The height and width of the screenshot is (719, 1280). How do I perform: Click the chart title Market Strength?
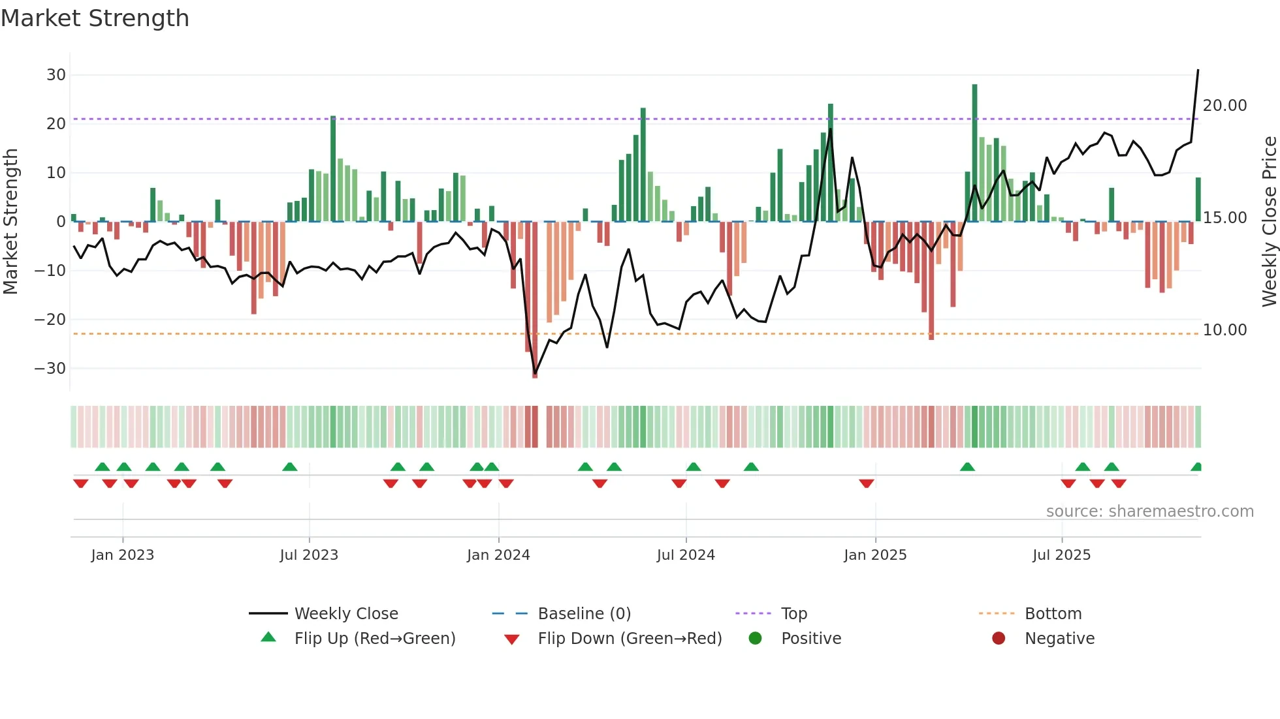click(95, 18)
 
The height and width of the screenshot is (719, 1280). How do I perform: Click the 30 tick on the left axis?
click(56, 75)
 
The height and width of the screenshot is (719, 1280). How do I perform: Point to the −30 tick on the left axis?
click(50, 369)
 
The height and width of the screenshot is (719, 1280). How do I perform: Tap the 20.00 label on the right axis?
click(1224, 106)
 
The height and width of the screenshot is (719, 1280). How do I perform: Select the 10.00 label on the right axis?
click(1224, 330)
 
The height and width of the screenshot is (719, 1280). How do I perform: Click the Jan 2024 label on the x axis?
click(498, 555)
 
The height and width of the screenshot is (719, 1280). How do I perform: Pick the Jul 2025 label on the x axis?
click(1061, 555)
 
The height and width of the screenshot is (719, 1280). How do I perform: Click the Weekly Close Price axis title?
click(1269, 222)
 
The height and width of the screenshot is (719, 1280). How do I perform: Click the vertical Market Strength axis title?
click(10, 222)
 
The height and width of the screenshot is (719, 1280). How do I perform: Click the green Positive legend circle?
click(755, 639)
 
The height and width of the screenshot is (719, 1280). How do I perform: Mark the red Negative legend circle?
click(999, 639)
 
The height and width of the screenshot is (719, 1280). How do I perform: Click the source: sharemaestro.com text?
click(1149, 512)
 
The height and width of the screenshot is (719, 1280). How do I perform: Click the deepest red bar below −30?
click(535, 300)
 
